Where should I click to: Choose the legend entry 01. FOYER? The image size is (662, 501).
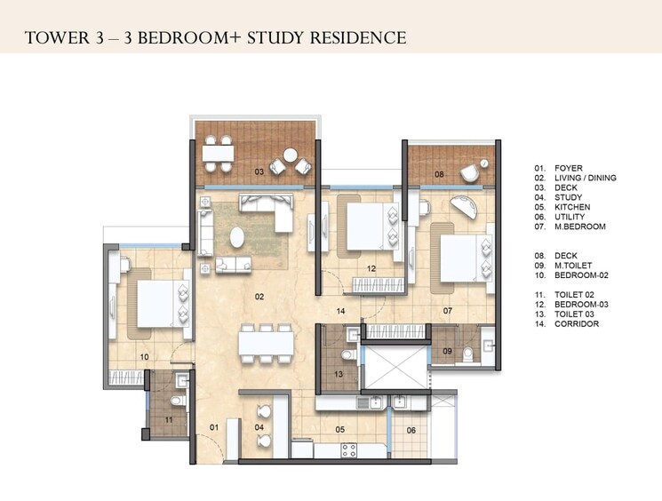(558, 168)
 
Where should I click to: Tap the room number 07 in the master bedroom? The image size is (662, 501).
(449, 311)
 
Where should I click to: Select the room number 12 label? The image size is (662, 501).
(372, 268)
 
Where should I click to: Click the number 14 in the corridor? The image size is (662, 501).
(339, 311)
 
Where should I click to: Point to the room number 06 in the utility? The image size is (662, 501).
(411, 431)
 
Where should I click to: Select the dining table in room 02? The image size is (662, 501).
(264, 341)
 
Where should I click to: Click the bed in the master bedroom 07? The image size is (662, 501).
(463, 258)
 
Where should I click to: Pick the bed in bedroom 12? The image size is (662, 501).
(366, 227)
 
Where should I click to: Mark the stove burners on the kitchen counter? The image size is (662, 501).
(348, 448)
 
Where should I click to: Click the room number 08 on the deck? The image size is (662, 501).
(438, 175)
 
